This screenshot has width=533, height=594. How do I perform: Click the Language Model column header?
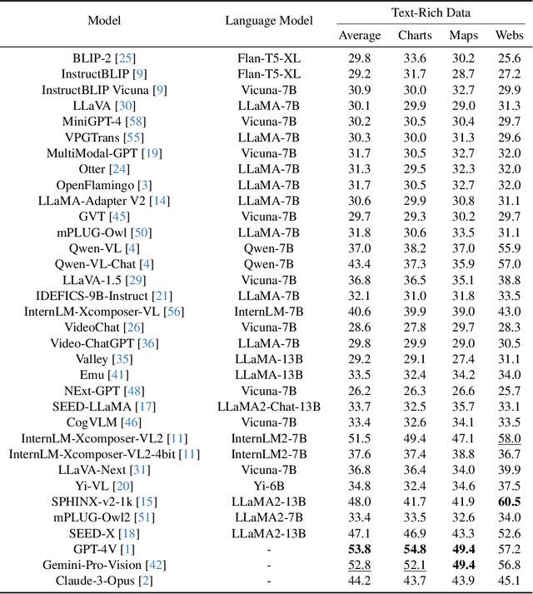[269, 20]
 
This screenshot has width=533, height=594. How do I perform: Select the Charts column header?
[415, 35]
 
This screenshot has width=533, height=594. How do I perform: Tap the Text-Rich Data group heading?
[431, 12]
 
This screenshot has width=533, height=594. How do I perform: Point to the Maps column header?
[464, 35]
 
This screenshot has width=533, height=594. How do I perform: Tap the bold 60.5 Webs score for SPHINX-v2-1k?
[510, 501]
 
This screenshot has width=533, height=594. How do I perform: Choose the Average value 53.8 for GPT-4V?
[360, 550]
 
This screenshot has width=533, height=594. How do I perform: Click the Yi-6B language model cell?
[269, 486]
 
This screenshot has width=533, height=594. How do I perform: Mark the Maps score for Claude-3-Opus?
[464, 581]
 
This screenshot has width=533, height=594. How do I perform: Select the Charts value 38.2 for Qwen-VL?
[415, 247]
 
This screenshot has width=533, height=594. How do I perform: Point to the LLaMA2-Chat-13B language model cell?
[269, 407]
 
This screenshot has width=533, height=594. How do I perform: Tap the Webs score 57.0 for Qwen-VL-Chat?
[510, 263]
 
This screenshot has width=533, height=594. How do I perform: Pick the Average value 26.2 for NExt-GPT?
[360, 391]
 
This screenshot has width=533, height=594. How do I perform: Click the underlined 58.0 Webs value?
[510, 438]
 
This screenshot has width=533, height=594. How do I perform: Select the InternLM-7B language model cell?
[269, 311]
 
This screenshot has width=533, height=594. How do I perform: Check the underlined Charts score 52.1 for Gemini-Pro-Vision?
[415, 565]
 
